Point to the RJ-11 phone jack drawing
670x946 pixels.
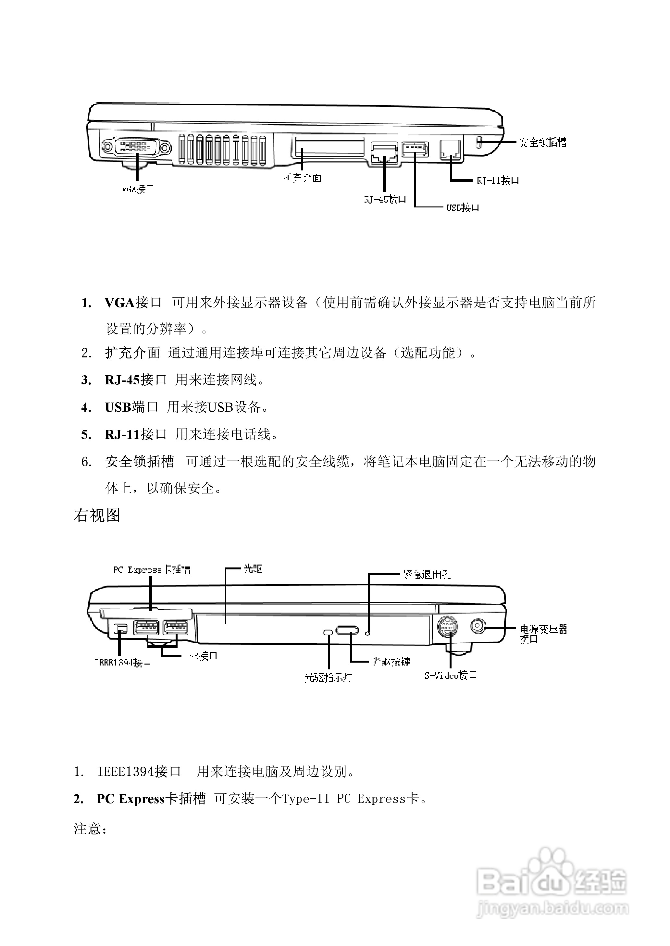(451, 149)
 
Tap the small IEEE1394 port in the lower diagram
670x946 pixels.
(120, 629)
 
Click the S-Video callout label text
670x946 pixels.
(450, 676)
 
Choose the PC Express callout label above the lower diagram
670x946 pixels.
(152, 570)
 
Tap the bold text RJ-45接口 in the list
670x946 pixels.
(135, 380)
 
